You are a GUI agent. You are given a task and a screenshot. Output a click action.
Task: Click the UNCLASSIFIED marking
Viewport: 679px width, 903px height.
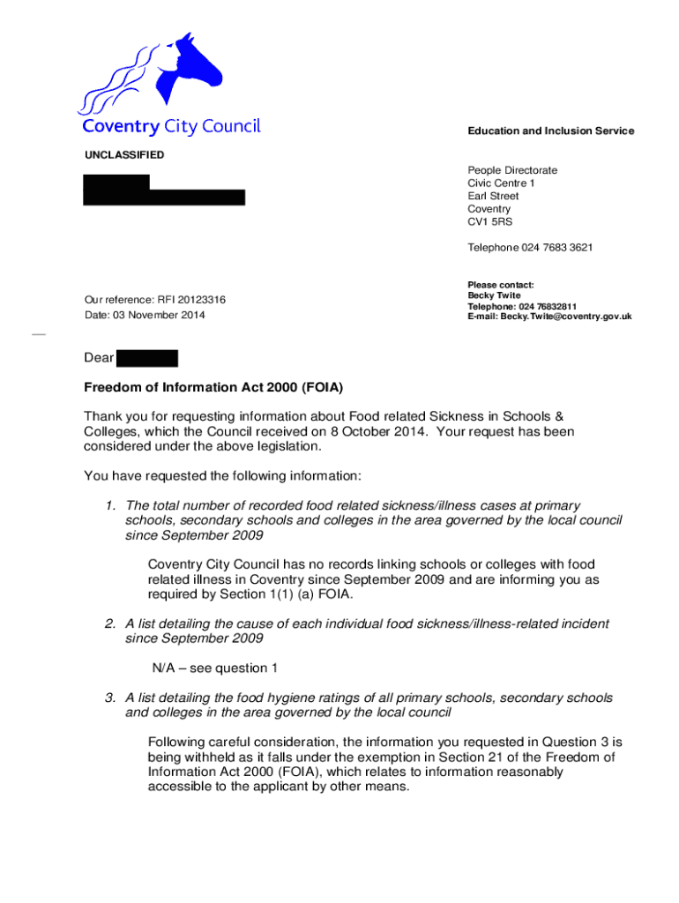point(124,155)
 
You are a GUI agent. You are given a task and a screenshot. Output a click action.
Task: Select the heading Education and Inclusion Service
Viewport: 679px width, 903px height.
point(550,131)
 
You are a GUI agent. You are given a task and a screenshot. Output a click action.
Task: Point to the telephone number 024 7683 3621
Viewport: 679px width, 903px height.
point(557,248)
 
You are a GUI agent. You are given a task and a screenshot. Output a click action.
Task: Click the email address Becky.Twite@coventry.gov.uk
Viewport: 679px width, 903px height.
point(566,317)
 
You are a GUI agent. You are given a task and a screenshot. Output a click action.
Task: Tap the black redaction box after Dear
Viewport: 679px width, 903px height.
point(147,358)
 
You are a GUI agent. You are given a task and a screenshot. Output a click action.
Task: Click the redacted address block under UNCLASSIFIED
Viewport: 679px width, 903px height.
point(163,190)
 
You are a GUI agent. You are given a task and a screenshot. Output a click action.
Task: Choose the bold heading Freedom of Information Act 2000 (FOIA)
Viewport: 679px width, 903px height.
point(213,388)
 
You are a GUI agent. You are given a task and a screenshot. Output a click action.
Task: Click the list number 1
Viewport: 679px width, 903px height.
point(110,506)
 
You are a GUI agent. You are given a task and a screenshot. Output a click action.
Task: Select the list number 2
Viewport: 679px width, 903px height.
point(110,624)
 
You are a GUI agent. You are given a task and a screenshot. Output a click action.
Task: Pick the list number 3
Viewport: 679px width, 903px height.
point(110,698)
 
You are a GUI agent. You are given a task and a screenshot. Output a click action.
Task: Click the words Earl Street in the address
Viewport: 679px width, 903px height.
point(493,196)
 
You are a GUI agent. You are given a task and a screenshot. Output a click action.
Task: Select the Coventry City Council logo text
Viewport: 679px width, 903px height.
point(172,127)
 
